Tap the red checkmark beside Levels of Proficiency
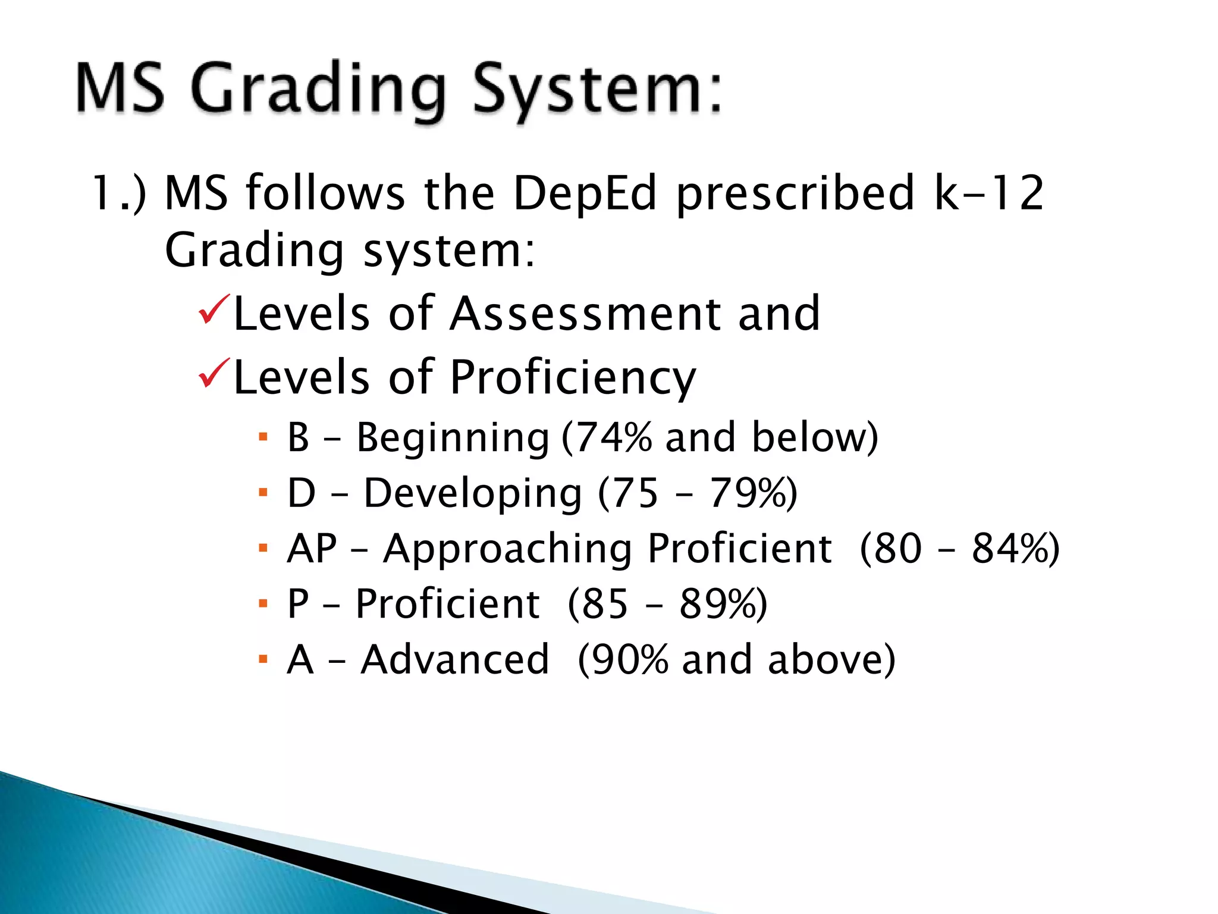[x=214, y=373]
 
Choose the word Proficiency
[x=573, y=378]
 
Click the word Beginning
[x=453, y=438]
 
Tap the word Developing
[x=473, y=494]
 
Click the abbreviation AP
[x=312, y=548]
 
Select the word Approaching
[x=507, y=549]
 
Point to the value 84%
[x=1009, y=548]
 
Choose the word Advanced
[x=455, y=659]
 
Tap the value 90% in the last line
[x=630, y=659]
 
